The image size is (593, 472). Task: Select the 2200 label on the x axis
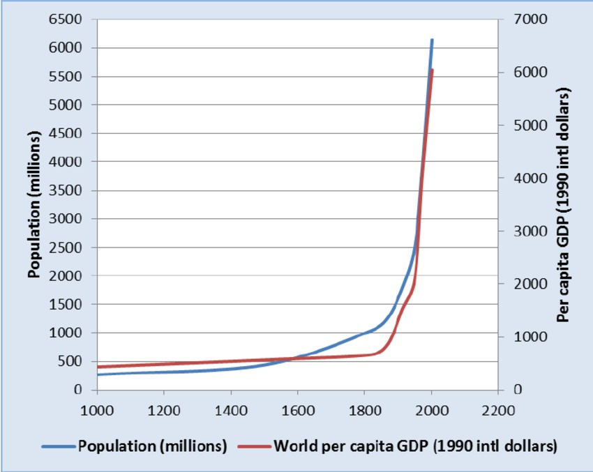click(497, 409)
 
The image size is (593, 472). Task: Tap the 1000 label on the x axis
click(97, 409)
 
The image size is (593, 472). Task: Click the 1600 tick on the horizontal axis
click(297, 409)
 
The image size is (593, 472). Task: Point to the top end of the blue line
click(432, 40)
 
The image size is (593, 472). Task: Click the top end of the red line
click(432, 70)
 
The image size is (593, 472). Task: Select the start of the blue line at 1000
click(98, 374)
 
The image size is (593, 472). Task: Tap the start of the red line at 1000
click(98, 367)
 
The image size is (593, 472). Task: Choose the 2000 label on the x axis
click(431, 409)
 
